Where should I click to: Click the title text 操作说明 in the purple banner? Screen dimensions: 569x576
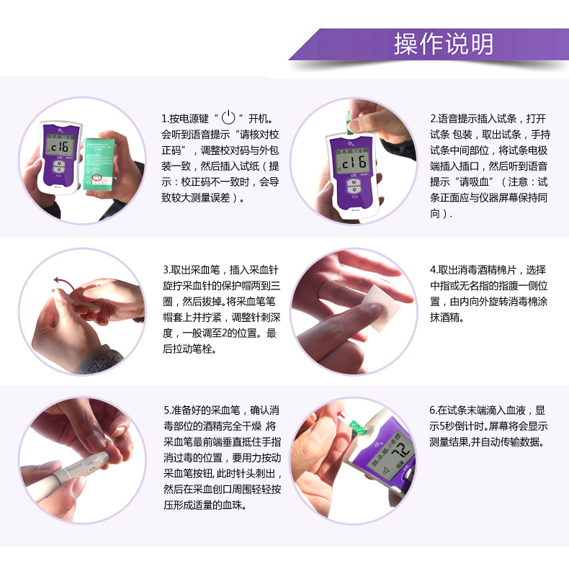(x=443, y=44)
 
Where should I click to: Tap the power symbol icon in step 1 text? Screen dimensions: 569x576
(x=228, y=117)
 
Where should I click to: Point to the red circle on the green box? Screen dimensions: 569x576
(x=97, y=177)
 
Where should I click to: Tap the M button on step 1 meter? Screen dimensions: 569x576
(x=59, y=163)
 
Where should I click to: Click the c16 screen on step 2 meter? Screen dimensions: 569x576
(x=354, y=161)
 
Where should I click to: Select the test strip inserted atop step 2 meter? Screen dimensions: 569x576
(x=349, y=122)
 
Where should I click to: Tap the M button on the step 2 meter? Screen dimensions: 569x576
(x=354, y=183)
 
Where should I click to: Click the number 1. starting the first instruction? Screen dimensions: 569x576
(x=165, y=119)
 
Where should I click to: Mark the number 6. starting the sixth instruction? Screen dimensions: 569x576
(x=434, y=410)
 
